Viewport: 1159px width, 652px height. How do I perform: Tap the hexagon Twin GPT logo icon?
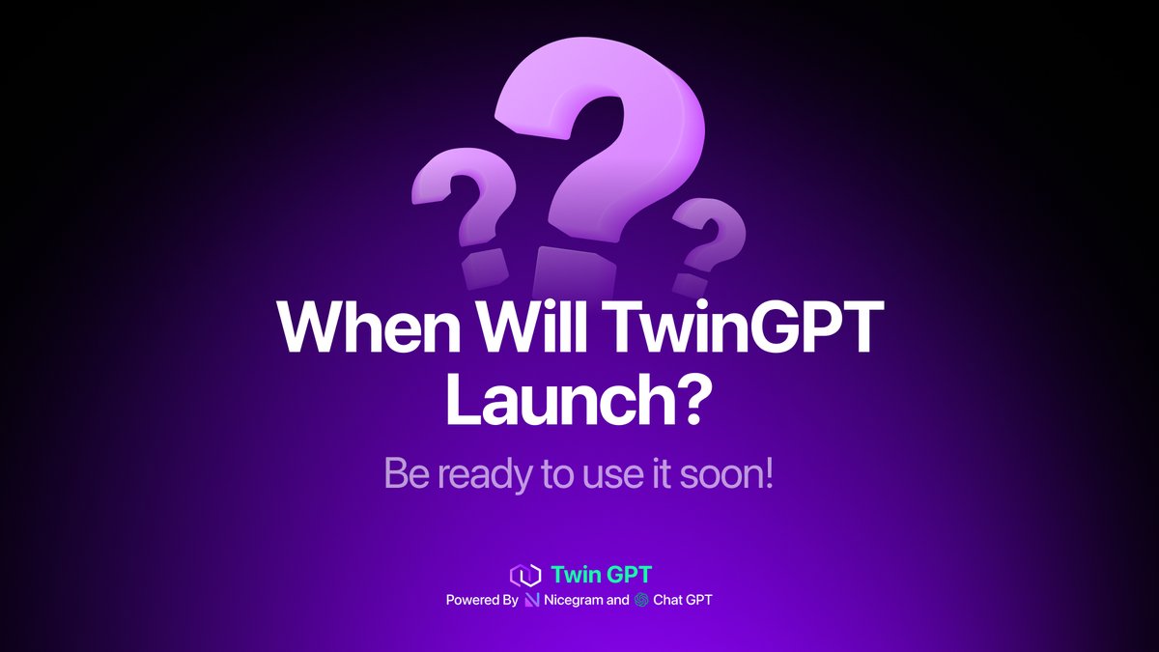pyautogui.click(x=523, y=576)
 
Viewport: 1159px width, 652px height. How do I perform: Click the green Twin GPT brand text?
pyautogui.click(x=601, y=576)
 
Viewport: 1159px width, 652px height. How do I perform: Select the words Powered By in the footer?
pyautogui.click(x=482, y=600)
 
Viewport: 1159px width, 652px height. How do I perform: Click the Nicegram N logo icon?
pyautogui.click(x=532, y=600)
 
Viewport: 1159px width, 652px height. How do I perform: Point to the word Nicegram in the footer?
pyautogui.click(x=574, y=600)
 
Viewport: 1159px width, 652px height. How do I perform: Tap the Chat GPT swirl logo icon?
pyautogui.click(x=641, y=600)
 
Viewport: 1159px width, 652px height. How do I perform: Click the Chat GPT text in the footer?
pyautogui.click(x=684, y=600)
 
